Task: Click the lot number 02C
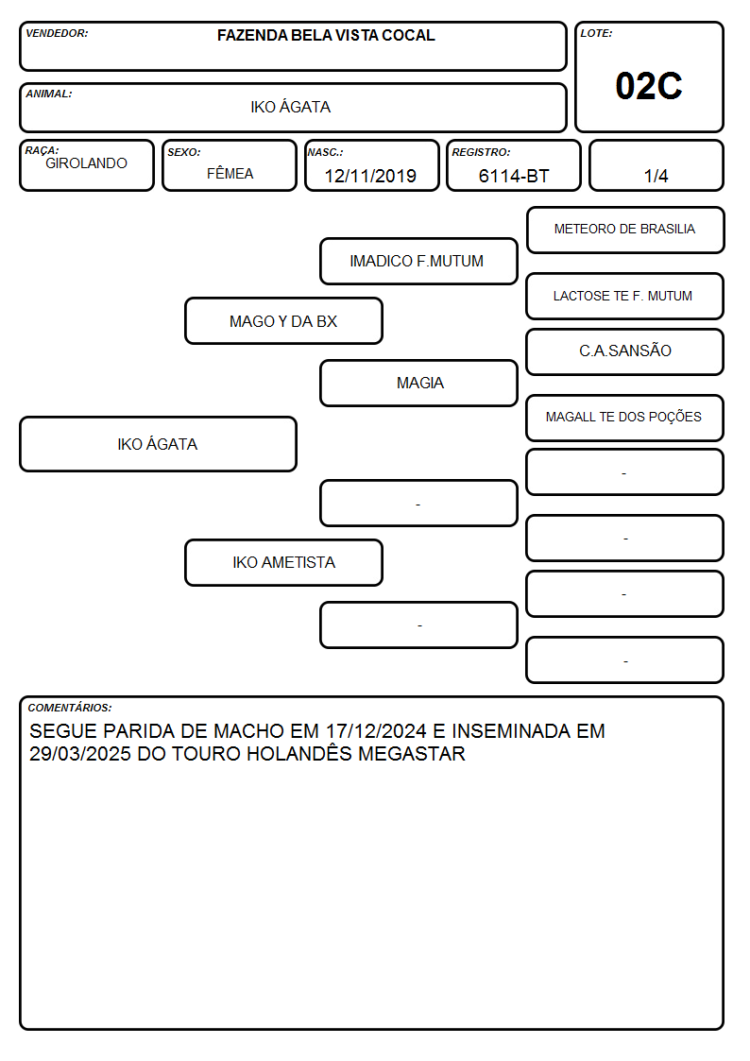point(649,86)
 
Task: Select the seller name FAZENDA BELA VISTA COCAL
point(326,35)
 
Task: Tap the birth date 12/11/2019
point(370,176)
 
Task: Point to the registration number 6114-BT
point(513,176)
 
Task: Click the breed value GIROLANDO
point(86,163)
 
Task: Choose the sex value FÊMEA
point(230,173)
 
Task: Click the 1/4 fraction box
point(656,165)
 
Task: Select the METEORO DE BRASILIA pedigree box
point(625,231)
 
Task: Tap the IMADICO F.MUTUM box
point(418,261)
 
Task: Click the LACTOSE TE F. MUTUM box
point(625,296)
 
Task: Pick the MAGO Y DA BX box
point(283,320)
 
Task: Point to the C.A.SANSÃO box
point(625,351)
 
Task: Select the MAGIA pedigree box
point(418,383)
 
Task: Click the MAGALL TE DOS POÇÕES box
point(625,418)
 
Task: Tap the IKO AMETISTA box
point(283,562)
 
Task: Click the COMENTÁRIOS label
point(70,708)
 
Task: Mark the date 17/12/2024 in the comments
point(376,730)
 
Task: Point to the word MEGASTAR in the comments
point(412,754)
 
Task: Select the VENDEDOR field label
point(57,33)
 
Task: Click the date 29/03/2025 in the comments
point(79,754)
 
